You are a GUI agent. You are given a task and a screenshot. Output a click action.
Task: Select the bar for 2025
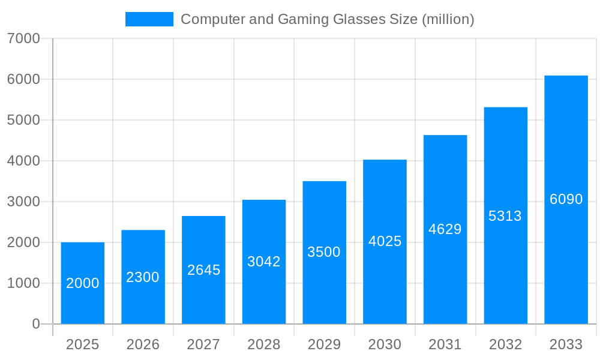[83, 283]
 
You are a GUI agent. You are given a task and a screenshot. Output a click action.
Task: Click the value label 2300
[143, 277]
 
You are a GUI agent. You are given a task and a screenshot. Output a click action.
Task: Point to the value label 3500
[324, 252]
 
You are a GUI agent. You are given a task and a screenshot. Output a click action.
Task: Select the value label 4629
[445, 229]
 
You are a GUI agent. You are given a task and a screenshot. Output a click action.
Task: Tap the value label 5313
[505, 216]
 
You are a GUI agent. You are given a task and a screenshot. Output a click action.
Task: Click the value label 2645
[204, 270]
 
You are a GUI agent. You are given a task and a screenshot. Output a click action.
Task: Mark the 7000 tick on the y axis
[23, 38]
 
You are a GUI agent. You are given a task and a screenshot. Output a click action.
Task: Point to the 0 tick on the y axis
[35, 324]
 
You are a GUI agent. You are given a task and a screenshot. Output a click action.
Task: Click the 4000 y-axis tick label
[23, 161]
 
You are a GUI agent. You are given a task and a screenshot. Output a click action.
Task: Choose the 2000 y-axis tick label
[23, 242]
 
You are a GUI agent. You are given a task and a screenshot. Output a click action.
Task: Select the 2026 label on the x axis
[143, 344]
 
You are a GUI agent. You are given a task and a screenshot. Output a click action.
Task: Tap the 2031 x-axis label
[445, 344]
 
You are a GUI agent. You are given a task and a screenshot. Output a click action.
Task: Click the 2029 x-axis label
[324, 344]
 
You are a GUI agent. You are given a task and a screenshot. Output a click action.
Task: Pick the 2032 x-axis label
[505, 344]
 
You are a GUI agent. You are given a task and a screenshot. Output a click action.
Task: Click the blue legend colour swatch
[149, 19]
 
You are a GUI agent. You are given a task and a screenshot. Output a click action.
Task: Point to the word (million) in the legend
[448, 19]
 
